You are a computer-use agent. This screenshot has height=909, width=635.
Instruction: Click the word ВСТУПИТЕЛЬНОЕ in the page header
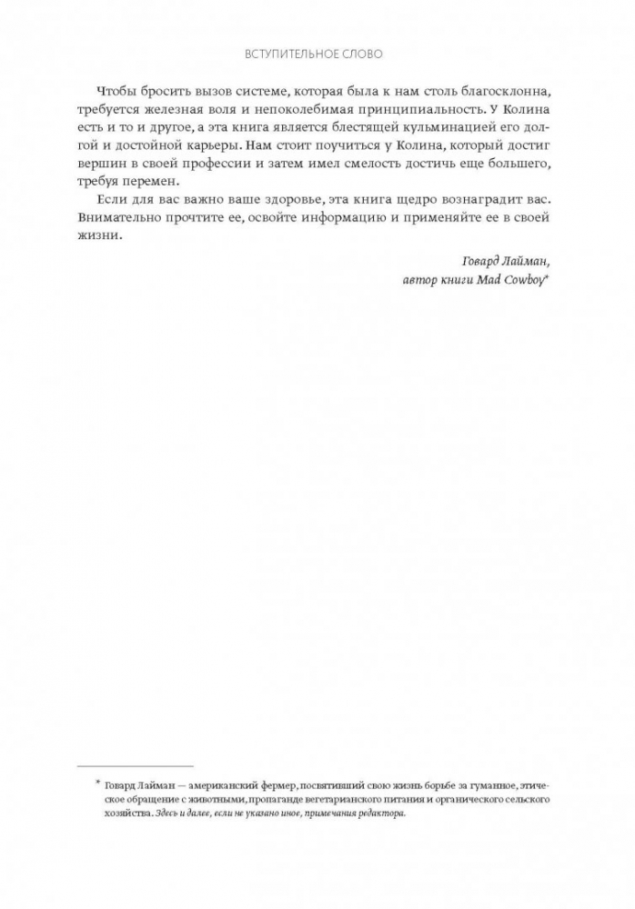coord(291,55)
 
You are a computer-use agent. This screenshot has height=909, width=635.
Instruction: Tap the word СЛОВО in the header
coord(362,55)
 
